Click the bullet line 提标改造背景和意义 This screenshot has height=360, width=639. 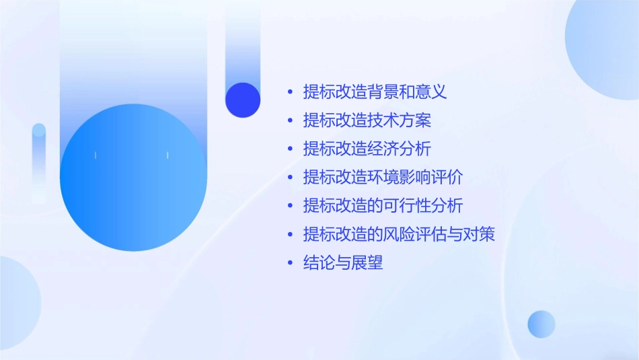point(375,92)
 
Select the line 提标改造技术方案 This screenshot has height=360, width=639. point(367,120)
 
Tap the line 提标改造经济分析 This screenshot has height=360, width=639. point(367,149)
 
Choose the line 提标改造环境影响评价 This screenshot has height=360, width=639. point(383,178)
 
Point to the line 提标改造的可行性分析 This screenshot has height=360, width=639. point(383,206)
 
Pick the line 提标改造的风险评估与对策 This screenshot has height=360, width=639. point(399,234)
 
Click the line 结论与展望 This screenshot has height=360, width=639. point(343,263)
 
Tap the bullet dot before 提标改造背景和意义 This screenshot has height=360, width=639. point(290,92)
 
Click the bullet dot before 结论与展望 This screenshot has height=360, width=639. point(290,263)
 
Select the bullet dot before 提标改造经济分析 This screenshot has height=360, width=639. point(290,149)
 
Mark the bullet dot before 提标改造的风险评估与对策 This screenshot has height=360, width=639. point(290,234)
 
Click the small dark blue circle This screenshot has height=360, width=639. point(243,100)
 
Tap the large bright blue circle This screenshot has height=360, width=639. point(133,178)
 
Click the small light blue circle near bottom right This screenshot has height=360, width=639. point(541,324)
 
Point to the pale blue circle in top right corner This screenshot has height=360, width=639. point(605,40)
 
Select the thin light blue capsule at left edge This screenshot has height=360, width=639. point(39,161)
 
